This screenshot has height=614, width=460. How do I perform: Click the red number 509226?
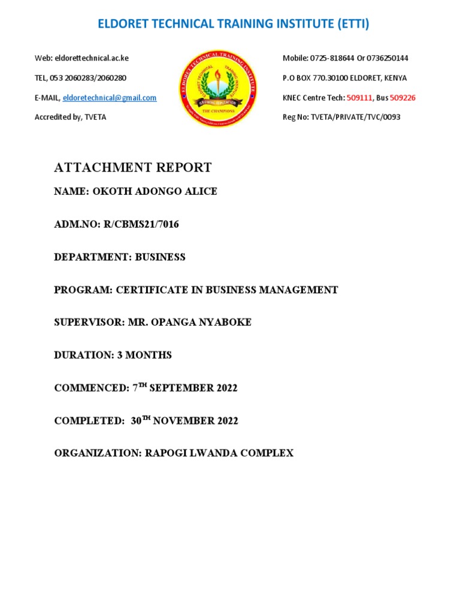[402, 98]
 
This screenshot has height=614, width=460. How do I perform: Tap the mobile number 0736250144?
[386, 58]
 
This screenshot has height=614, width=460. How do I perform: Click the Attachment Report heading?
[132, 168]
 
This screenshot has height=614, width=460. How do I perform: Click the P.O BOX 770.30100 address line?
[344, 78]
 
